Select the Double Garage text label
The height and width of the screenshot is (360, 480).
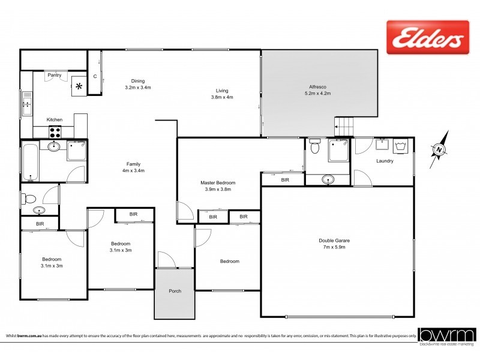334,241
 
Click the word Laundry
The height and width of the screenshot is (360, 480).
385,161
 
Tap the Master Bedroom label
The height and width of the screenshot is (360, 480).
218,182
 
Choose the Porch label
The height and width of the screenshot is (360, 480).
175,291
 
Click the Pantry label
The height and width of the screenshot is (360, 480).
55,75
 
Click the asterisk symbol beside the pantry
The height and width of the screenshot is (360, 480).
79,85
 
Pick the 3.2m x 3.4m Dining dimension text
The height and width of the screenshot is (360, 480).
138,88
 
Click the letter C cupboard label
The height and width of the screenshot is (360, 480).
95,76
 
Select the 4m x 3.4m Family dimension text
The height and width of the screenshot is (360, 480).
134,170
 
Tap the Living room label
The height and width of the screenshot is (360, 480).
222,91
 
